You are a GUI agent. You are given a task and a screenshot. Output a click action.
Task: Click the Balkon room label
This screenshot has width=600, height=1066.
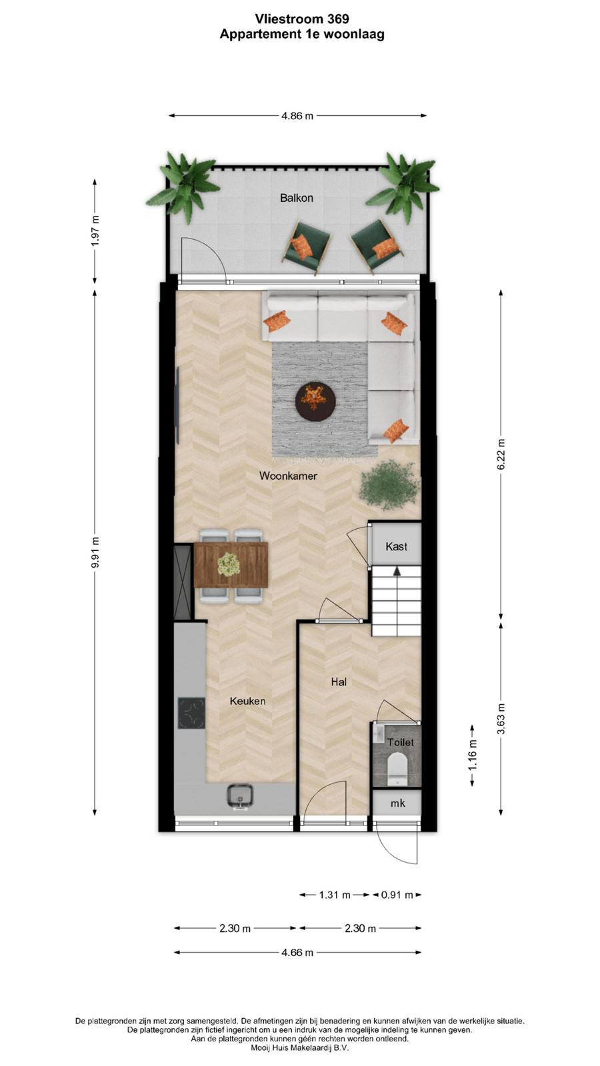[x=296, y=198]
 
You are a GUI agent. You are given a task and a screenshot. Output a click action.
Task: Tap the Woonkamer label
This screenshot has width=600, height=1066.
[x=288, y=476]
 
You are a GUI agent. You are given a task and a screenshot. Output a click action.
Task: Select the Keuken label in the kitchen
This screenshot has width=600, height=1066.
[x=247, y=701]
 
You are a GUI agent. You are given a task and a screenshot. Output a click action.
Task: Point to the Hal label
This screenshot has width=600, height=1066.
[x=339, y=682]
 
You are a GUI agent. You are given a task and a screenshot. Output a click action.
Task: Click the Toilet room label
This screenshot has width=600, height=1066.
[x=401, y=742]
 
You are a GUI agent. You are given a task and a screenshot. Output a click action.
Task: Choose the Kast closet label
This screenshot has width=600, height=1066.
[x=396, y=546]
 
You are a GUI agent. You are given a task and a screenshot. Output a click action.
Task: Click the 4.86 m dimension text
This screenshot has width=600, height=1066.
[x=297, y=116]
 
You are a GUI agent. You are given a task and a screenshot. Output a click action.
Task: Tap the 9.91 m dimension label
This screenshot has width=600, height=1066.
[x=95, y=552]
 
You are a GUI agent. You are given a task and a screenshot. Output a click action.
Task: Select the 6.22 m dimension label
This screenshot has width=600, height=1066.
[x=501, y=454]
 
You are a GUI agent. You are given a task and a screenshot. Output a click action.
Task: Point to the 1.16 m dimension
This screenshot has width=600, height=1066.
[x=472, y=756]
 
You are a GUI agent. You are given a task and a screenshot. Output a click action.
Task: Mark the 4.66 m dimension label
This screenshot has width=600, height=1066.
[x=297, y=952]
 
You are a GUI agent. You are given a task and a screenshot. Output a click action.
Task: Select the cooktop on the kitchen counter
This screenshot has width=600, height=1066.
[x=191, y=713]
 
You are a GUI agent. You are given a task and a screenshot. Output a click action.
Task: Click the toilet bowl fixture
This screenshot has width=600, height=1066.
[x=396, y=771]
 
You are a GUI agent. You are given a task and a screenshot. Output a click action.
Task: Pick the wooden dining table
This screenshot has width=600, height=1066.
[x=231, y=565]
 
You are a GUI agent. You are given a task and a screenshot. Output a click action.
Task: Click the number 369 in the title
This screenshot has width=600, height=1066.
[x=337, y=19]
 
